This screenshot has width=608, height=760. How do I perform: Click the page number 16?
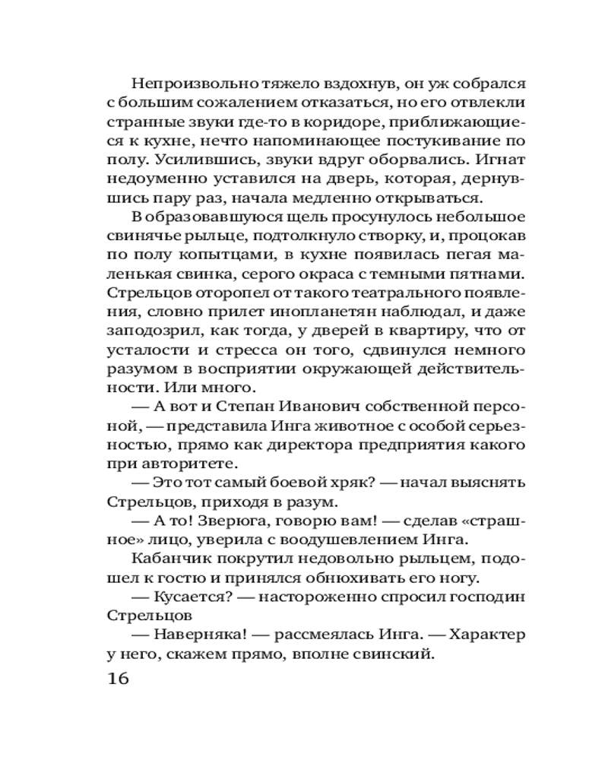pos(116,679)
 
